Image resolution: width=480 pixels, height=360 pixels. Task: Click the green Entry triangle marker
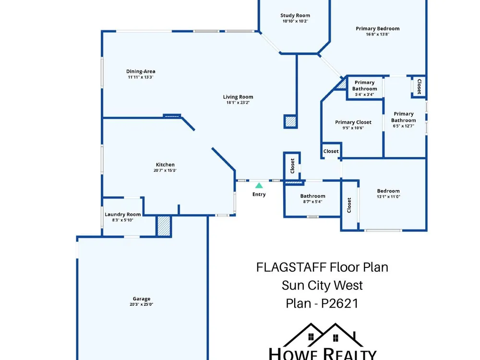pos(259,185)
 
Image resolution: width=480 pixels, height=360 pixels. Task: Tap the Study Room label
pos(295,15)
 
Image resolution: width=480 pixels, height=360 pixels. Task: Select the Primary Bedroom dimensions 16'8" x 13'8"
pos(377,34)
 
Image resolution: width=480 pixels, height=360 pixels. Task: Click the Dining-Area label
pos(141,72)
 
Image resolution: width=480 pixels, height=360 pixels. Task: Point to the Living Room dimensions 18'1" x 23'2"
pos(238,103)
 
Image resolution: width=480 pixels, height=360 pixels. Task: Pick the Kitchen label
pos(165,165)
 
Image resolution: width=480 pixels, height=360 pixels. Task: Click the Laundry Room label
pos(123,214)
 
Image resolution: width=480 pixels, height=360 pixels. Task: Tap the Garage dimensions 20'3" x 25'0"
pos(142,304)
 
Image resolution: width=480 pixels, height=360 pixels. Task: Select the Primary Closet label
pos(353,122)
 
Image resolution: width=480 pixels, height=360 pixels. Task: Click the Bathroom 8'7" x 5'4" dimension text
pos(312,202)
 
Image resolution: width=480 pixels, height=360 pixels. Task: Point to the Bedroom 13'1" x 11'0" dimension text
pos(388,196)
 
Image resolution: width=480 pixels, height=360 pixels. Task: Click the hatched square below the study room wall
pos(290,121)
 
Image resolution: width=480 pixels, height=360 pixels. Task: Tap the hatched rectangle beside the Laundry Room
pos(164,226)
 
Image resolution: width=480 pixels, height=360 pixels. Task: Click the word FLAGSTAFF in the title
pos(291,267)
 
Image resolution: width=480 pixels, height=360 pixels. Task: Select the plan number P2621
pos(340,303)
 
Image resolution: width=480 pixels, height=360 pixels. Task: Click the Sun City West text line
pos(322,285)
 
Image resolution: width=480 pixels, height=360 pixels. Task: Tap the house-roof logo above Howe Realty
pos(323,335)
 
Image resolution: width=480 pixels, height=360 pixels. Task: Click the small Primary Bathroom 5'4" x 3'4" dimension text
pos(364,95)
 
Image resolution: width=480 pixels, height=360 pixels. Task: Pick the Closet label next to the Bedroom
pos(349,205)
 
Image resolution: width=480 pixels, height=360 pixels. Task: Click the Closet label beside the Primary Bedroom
pos(419,86)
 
